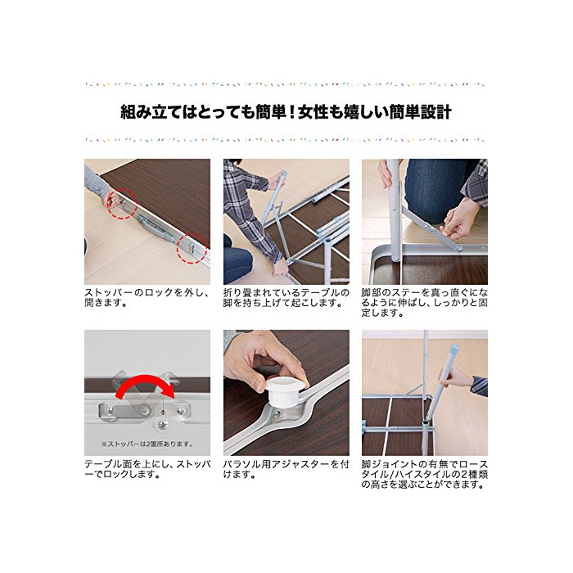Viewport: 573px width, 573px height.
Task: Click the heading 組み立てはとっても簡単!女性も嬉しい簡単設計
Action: (x=286, y=112)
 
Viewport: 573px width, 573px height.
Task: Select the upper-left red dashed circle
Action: (x=122, y=203)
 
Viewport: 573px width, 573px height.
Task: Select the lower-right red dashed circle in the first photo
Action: (x=192, y=248)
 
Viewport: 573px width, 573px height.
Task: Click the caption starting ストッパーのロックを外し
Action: (x=147, y=297)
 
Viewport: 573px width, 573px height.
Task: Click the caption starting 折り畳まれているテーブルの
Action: (x=286, y=297)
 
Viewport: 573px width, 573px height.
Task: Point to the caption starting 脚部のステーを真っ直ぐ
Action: (x=424, y=303)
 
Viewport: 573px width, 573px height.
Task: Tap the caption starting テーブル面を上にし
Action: (x=147, y=469)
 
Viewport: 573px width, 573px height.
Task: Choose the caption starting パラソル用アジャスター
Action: (x=286, y=469)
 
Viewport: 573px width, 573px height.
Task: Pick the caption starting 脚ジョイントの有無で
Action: (x=424, y=474)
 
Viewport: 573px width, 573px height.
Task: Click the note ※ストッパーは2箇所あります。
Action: (x=147, y=444)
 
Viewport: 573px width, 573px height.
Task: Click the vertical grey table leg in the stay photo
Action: (x=393, y=209)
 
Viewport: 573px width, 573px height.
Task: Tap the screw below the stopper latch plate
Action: (x=162, y=424)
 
